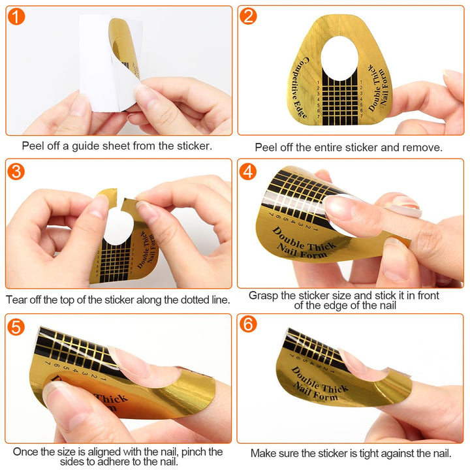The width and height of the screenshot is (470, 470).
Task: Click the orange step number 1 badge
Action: (x=16, y=17)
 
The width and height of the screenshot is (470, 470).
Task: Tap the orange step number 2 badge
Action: (x=249, y=17)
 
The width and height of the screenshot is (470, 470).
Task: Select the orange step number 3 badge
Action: (x=16, y=171)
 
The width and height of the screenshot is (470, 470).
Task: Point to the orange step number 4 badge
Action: (x=249, y=171)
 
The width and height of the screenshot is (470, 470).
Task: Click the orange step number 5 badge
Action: (x=16, y=325)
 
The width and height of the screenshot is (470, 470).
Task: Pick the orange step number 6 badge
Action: (x=249, y=325)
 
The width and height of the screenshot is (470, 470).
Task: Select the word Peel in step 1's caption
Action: (x=33, y=146)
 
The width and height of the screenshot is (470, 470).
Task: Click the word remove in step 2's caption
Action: (x=424, y=148)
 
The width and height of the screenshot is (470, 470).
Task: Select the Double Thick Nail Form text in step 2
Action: (x=379, y=88)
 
